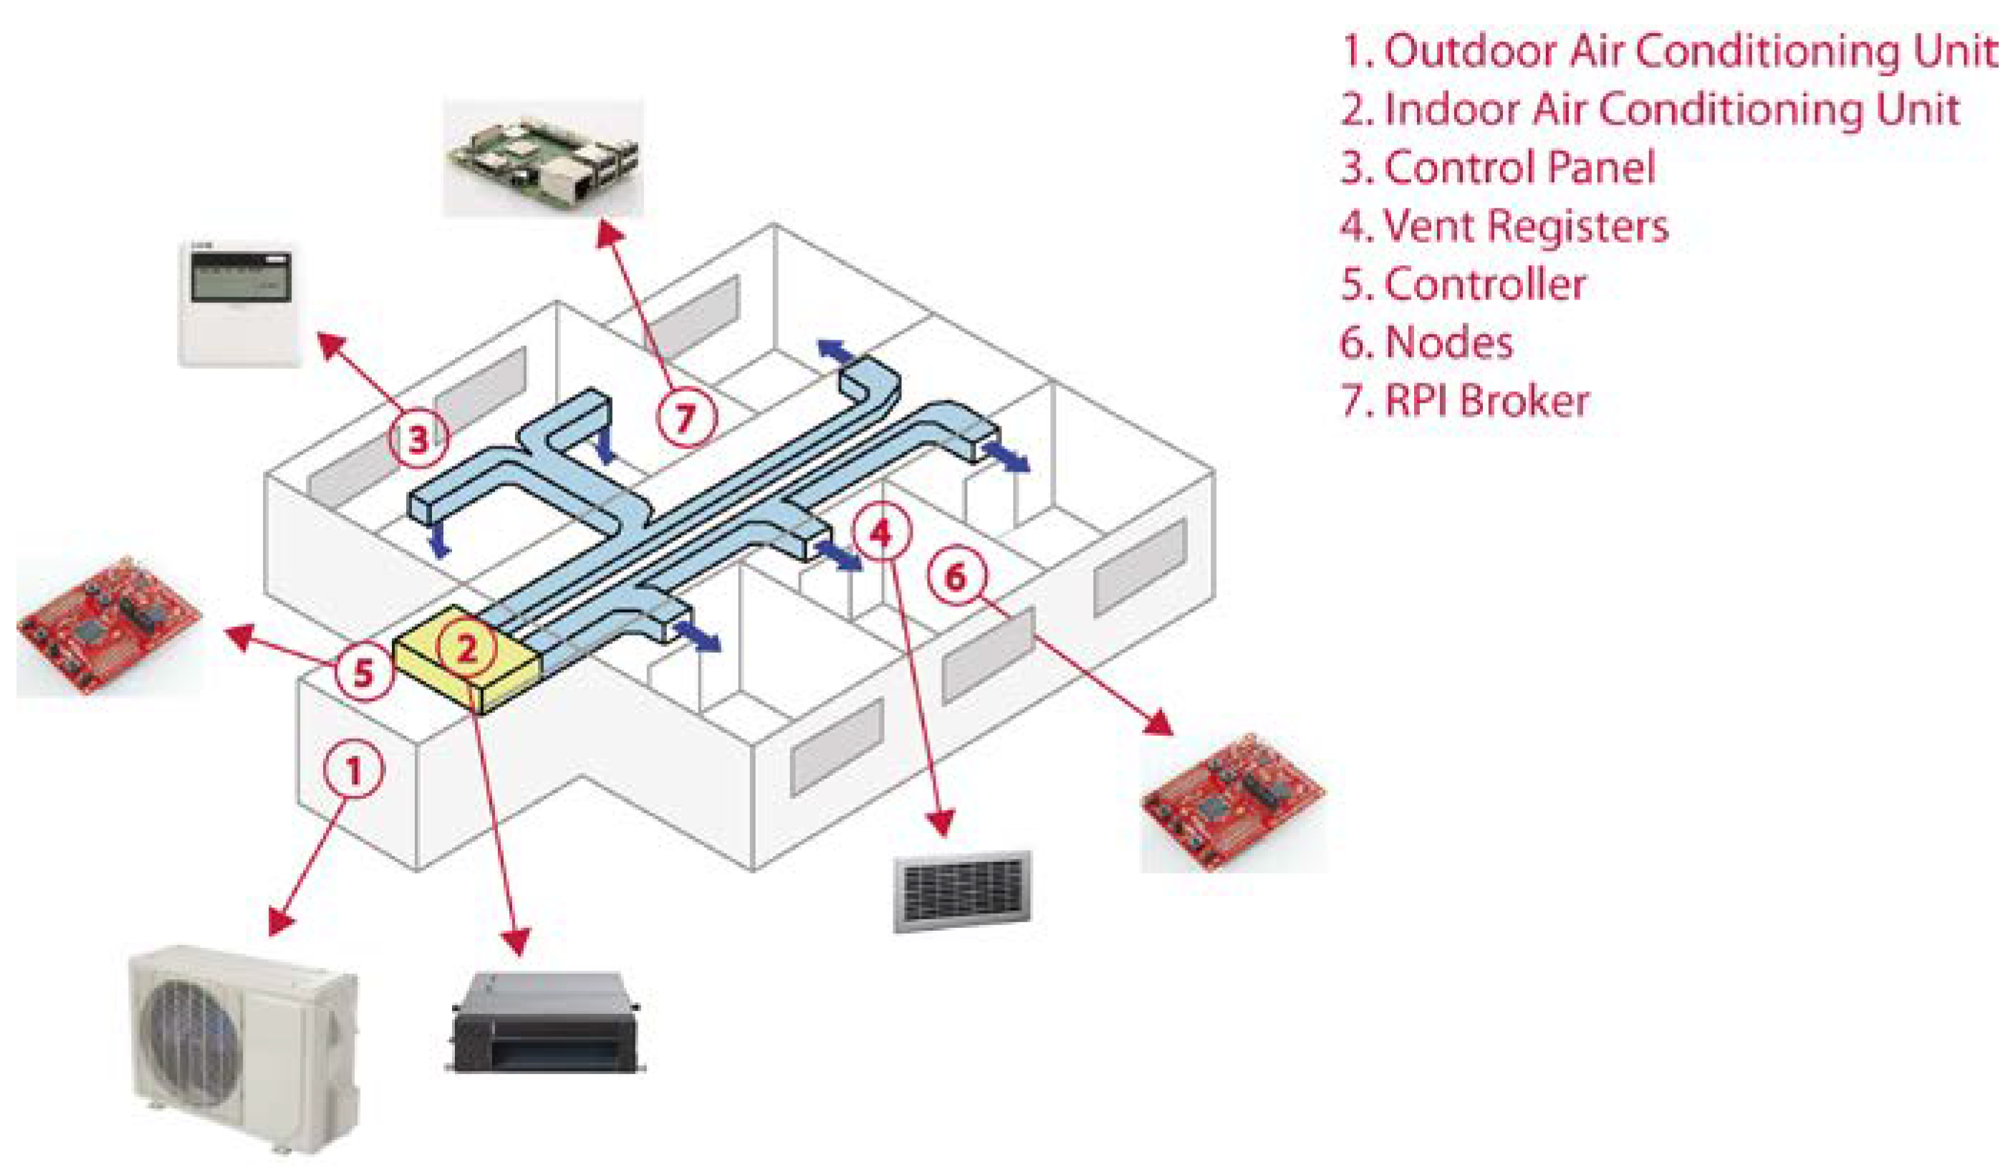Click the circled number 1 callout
click(353, 768)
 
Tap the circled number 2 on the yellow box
click(466, 646)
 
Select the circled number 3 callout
click(418, 438)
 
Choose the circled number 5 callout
click(363, 671)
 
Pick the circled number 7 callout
click(686, 416)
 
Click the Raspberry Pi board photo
click(543, 158)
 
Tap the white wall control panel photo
click(238, 303)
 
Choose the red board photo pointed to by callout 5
click(110, 625)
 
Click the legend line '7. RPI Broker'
click(1464, 401)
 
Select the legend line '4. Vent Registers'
click(1504, 226)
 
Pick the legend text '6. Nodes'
click(1426, 343)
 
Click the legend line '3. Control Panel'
click(1497, 168)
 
